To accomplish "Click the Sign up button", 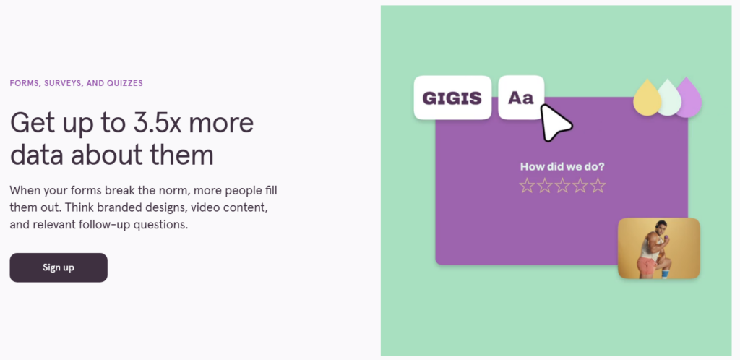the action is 59,267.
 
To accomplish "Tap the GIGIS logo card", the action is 452,98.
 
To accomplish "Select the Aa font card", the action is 521,97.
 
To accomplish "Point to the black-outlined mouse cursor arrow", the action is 555,123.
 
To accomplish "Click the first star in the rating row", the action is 527,186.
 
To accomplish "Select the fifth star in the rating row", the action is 598,186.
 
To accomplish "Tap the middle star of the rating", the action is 562,186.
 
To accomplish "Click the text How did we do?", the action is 562,166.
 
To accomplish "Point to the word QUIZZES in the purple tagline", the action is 124,84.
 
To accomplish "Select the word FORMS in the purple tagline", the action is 23,84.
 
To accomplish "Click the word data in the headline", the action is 37,155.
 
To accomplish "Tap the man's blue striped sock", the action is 666,273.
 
